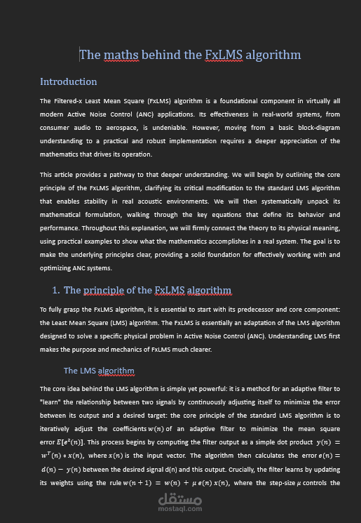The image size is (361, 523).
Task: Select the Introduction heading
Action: pyautogui.click(x=68, y=81)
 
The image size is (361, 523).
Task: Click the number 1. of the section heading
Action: pyautogui.click(x=55, y=290)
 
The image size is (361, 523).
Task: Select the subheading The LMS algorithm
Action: pyautogui.click(x=99, y=370)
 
